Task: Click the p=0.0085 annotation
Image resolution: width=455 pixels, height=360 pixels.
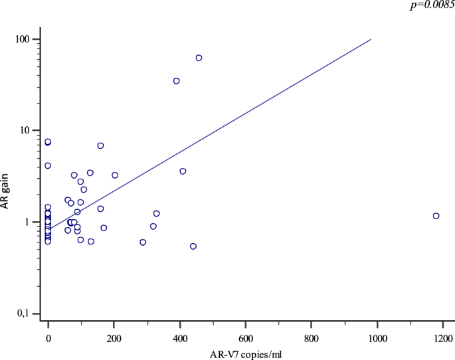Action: [x=432, y=4]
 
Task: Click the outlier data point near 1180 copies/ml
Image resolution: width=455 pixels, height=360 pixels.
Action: [x=436, y=216]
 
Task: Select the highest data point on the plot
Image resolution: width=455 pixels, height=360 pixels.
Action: [x=199, y=58]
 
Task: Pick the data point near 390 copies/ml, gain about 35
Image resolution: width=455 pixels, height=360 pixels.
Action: [x=177, y=81]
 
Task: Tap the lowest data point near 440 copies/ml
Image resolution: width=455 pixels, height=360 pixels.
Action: [x=193, y=246]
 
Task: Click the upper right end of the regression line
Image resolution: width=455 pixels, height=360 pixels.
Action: [x=371, y=39]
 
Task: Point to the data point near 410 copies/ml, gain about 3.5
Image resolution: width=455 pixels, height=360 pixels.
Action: [x=183, y=171]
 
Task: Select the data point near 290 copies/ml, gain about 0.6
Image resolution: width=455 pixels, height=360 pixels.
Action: [x=143, y=242]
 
